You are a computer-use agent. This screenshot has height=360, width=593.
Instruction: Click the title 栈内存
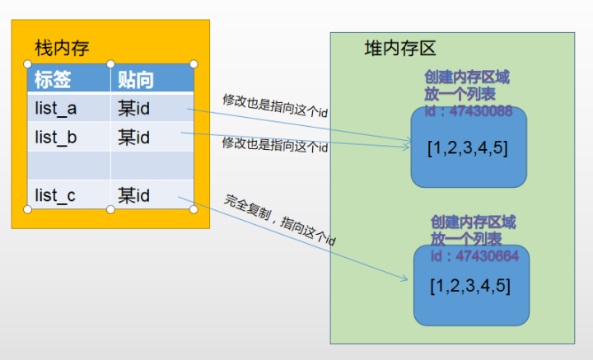[62, 49]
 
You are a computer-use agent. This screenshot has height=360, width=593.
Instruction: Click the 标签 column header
[53, 79]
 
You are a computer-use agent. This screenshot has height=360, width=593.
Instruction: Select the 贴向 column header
[136, 79]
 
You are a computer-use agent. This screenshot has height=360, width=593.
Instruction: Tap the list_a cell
[56, 108]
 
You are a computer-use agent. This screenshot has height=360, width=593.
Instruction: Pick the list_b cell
[56, 137]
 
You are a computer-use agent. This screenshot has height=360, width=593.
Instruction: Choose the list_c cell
[56, 195]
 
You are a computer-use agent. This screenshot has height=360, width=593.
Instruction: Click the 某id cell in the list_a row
[133, 108]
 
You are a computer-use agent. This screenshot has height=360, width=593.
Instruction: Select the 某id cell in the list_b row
[133, 137]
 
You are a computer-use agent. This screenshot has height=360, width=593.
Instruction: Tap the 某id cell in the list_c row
[133, 195]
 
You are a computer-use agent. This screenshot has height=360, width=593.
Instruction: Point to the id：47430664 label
[474, 256]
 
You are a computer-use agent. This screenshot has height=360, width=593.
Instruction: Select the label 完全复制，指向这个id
[279, 222]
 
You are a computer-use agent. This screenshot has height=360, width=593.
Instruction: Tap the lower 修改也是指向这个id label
[274, 145]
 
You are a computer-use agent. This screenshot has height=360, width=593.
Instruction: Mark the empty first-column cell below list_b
[69, 166]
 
